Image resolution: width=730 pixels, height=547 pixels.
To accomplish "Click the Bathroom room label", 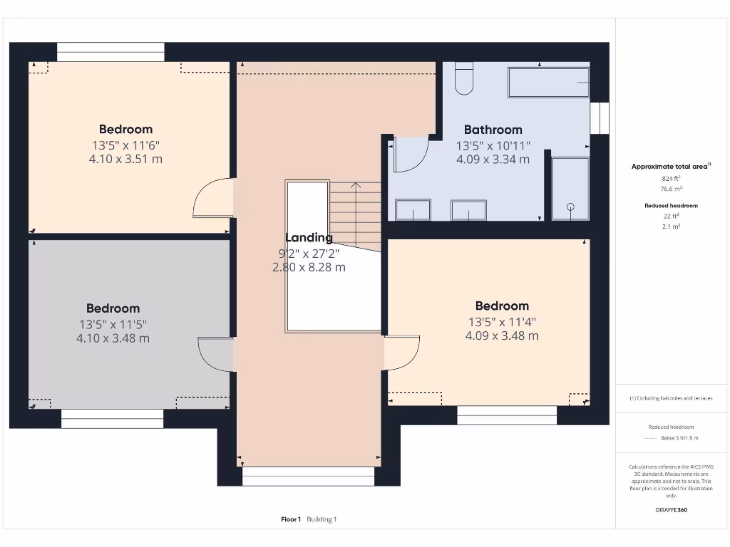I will pyautogui.click(x=493, y=130).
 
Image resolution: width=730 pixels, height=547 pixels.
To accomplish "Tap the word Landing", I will pyautogui.click(x=309, y=238).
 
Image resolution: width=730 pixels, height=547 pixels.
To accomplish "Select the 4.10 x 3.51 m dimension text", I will pyautogui.click(x=125, y=159).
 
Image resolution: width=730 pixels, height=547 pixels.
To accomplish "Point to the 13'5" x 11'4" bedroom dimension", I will pyautogui.click(x=502, y=321).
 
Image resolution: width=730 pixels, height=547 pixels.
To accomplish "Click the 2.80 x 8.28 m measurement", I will pyautogui.click(x=309, y=267).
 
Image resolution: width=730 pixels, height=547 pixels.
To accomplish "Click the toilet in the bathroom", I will pyautogui.click(x=463, y=79).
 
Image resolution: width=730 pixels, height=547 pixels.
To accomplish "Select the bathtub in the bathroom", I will pyautogui.click(x=548, y=83).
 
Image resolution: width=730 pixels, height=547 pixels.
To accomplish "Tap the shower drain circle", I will pyautogui.click(x=570, y=207).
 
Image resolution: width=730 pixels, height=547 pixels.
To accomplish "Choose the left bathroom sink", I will pyautogui.click(x=413, y=210).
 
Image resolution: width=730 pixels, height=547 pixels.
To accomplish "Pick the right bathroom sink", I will pyautogui.click(x=468, y=210).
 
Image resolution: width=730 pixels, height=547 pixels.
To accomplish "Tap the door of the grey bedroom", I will pyautogui.click(x=215, y=353).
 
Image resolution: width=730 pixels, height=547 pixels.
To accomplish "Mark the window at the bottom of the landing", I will pyautogui.click(x=308, y=476).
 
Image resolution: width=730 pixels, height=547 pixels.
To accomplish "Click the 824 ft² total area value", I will pyautogui.click(x=670, y=179).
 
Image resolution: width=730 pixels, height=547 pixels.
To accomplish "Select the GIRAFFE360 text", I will pyautogui.click(x=671, y=510).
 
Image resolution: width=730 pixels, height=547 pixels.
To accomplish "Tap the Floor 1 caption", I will pyautogui.click(x=291, y=519).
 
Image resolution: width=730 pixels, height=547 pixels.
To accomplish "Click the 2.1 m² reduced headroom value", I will pyautogui.click(x=670, y=226).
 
